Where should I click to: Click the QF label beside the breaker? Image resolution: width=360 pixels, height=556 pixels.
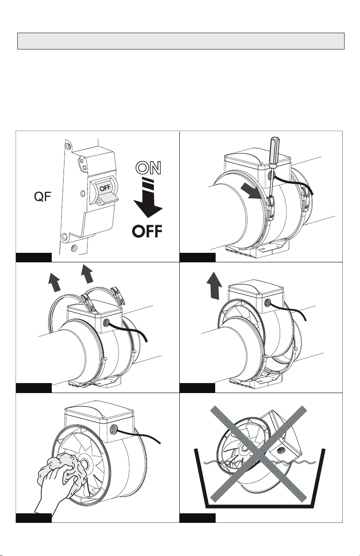[x=43, y=197]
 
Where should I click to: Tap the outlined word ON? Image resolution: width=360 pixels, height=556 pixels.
[x=148, y=167]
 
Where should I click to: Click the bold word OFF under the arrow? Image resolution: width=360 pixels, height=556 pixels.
[x=147, y=231]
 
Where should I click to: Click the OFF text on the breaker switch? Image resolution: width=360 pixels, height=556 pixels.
[x=105, y=188]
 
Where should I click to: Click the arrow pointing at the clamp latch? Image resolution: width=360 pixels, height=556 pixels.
[x=251, y=191]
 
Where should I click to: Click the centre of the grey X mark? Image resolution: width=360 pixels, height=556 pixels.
[x=258, y=454]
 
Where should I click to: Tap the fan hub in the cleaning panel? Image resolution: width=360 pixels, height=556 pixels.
[x=84, y=463]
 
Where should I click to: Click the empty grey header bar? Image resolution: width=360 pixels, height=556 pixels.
[x=181, y=41]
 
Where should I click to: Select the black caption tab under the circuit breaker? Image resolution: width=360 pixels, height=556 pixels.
[x=34, y=257]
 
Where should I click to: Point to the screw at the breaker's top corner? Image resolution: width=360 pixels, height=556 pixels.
[x=67, y=145]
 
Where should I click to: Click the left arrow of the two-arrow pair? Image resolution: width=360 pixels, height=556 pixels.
[x=55, y=282]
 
